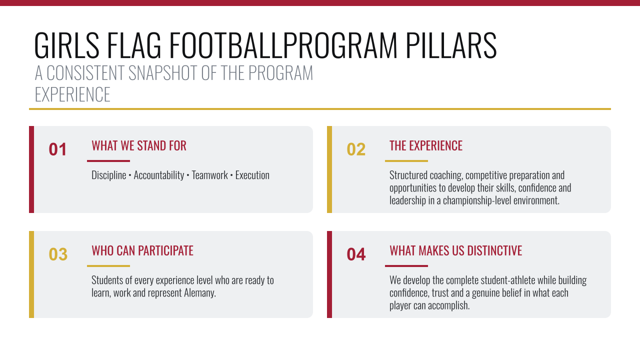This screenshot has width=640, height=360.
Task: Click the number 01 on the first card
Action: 57,149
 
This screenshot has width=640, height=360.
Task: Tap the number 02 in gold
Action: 356,149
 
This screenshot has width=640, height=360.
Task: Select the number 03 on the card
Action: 58,254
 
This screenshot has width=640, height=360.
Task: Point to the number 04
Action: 356,254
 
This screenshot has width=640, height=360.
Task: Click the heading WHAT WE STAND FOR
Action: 139,145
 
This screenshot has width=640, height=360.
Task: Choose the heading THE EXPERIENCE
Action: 425,145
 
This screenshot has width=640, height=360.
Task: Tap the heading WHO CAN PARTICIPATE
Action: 142,250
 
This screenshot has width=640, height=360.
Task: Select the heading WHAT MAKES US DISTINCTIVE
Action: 455,250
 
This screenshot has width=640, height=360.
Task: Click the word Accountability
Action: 159,175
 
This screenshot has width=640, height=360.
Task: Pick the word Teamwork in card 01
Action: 209,175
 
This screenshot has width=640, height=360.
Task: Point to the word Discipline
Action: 109,175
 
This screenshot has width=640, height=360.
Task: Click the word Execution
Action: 252,175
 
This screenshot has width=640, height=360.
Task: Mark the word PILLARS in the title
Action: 451,45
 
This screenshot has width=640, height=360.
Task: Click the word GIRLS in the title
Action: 67,45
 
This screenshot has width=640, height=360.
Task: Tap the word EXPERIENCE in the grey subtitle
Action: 72,94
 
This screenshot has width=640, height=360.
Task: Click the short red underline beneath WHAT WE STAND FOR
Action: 108,161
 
